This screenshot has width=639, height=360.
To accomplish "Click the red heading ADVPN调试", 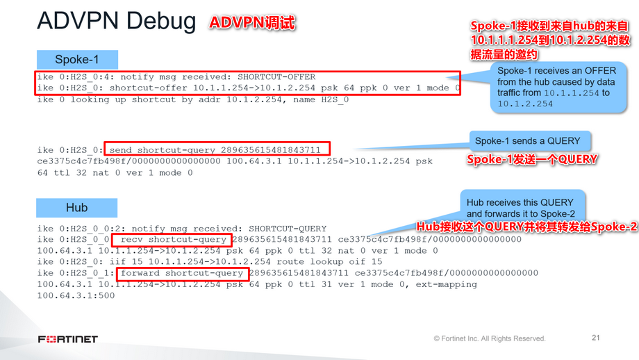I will click(x=253, y=23).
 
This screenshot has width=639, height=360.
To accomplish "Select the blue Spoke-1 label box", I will click(x=76, y=59).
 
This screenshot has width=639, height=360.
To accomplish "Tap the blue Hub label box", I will click(x=76, y=207).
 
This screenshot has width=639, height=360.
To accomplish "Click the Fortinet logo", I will click(x=68, y=339).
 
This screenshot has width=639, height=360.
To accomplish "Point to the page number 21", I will click(x=595, y=338).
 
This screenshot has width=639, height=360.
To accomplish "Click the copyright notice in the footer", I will click(x=489, y=338).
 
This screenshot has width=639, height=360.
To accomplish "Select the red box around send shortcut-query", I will click(x=217, y=149).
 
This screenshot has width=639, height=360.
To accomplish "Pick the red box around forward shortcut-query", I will click(x=182, y=273).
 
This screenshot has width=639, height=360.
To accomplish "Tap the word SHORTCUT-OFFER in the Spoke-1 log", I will click(x=276, y=77).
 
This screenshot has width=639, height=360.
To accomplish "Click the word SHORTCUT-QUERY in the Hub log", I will click(x=288, y=229).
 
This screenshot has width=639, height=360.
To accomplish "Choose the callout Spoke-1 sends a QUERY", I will click(x=527, y=140).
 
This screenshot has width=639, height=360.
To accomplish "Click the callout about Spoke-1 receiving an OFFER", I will click(x=556, y=86).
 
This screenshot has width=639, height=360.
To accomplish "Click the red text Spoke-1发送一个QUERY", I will click(x=532, y=160).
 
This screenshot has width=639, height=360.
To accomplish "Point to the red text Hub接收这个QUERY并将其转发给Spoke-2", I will click(x=526, y=227).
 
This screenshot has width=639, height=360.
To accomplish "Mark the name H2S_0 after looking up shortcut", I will click(x=334, y=99).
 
